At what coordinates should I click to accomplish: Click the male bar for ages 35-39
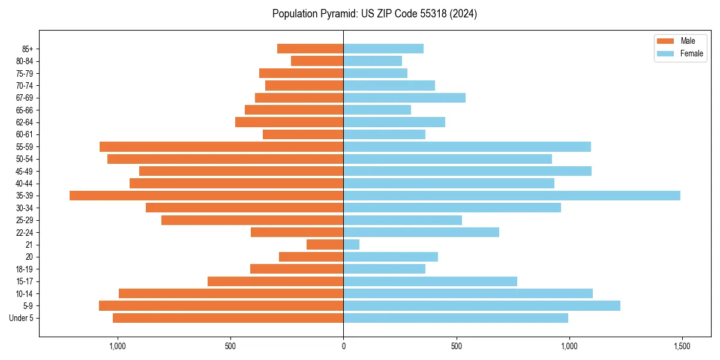click(x=206, y=196)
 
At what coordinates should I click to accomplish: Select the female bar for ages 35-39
click(x=512, y=196)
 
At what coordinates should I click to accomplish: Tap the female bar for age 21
click(x=352, y=244)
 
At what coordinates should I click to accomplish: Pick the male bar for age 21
click(x=325, y=244)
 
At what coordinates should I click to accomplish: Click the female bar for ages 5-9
click(x=482, y=305)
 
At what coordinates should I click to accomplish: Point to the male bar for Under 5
click(x=228, y=318)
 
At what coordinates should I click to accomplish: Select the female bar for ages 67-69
click(x=404, y=98)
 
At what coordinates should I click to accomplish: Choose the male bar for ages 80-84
click(x=317, y=61)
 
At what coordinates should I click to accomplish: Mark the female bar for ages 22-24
click(x=421, y=232)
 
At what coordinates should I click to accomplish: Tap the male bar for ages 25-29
click(x=252, y=220)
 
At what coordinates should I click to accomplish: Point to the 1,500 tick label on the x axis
click(x=682, y=346)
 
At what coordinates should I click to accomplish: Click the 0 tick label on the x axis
click(x=343, y=346)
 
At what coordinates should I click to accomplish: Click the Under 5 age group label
click(x=21, y=318)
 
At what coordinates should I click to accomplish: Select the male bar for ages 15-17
click(x=275, y=281)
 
